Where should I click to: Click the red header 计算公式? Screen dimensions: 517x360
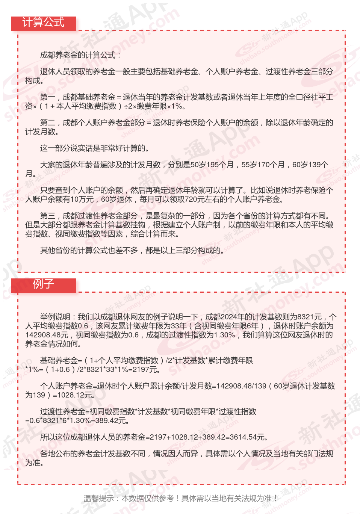43,23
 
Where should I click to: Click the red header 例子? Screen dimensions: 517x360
43,284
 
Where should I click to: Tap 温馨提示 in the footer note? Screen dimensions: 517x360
98,498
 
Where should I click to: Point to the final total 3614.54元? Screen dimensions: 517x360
248,437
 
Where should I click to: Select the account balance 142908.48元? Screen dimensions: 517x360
47,335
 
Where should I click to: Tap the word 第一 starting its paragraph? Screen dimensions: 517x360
47,97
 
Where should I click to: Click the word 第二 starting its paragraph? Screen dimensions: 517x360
47,122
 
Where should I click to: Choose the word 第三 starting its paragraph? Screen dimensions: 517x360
47,216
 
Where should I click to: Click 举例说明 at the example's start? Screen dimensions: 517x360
55,317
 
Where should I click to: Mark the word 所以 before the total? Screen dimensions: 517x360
47,437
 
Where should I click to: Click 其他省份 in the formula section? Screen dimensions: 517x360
55,250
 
